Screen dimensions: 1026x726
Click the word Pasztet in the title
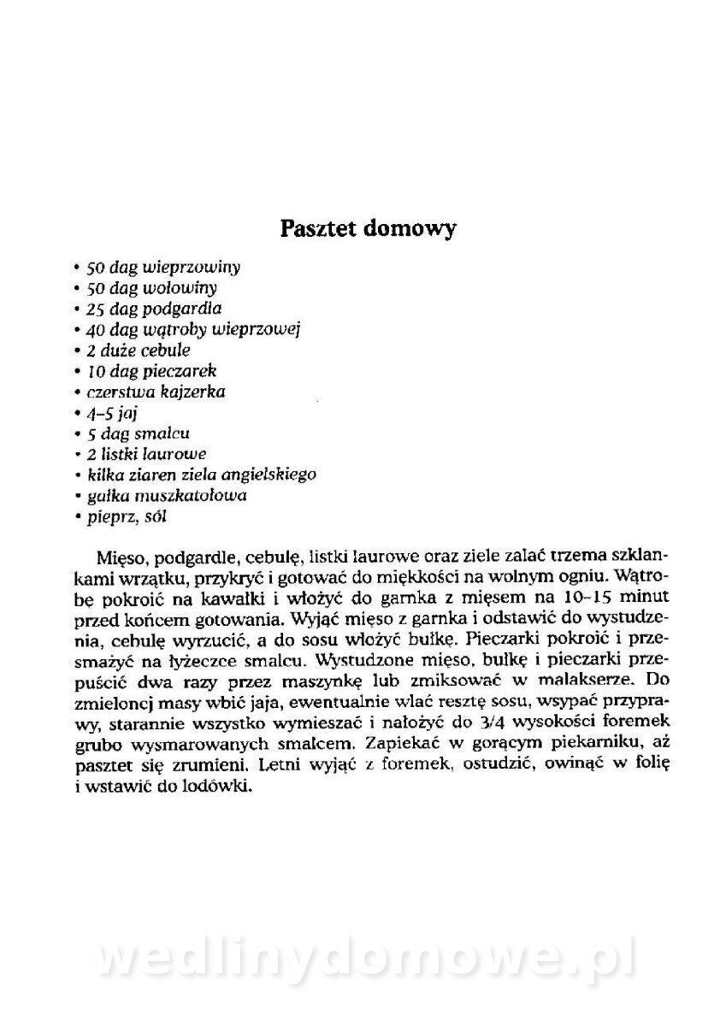tap(318, 229)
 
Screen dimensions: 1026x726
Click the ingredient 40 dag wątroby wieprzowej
tap(189, 329)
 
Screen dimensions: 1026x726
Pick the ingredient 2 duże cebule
tap(138, 350)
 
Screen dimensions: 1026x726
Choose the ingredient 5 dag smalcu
tap(138, 433)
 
